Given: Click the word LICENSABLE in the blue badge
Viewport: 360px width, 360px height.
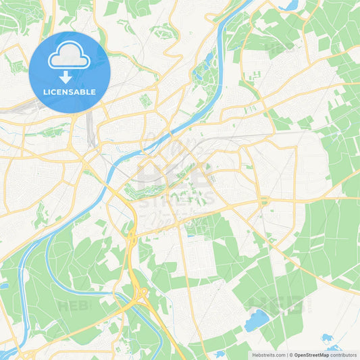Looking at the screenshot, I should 70,92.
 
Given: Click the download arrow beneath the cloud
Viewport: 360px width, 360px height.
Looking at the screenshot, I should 66,77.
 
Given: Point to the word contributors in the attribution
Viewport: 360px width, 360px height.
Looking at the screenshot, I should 344,355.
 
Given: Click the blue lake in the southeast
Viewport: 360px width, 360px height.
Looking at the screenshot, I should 257,320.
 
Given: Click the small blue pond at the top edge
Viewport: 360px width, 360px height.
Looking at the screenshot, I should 292,4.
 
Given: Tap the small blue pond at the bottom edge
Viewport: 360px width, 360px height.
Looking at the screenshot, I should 220,354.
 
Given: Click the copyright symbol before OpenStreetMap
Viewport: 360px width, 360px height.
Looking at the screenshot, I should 290,355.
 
